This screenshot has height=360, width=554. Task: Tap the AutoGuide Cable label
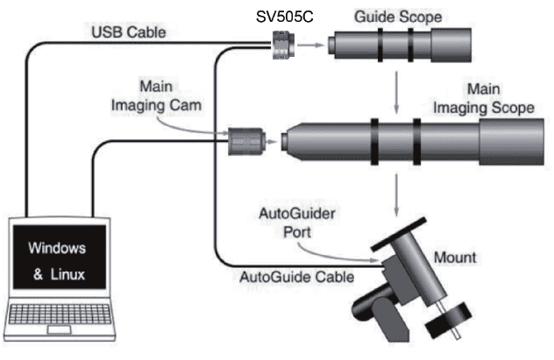tap(297, 276)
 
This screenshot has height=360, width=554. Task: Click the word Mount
tap(457, 258)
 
